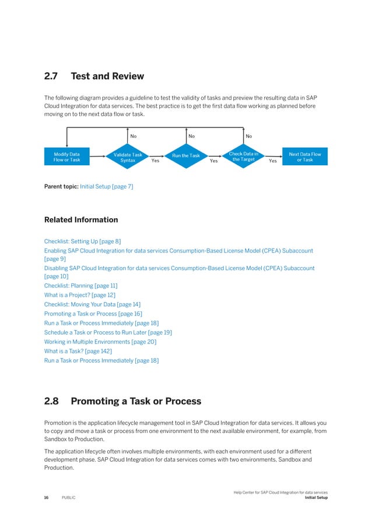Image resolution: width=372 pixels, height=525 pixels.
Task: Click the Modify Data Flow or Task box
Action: (x=67, y=157)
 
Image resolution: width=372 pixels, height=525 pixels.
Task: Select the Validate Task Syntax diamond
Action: (x=127, y=157)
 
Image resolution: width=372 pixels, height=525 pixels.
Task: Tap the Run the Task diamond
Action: (x=185, y=156)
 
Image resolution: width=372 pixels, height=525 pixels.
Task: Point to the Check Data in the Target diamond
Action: (x=243, y=156)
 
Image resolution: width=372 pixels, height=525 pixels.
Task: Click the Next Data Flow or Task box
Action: (x=304, y=157)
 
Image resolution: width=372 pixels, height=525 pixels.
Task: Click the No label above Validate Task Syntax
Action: (x=134, y=136)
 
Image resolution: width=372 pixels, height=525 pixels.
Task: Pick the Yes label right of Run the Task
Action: (x=213, y=161)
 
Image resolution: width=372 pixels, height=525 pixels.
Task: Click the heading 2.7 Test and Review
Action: (x=94, y=76)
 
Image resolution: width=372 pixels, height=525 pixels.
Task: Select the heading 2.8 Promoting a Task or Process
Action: (x=122, y=402)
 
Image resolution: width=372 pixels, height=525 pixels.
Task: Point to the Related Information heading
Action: (x=81, y=220)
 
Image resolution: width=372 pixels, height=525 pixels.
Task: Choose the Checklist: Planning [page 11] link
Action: (x=80, y=286)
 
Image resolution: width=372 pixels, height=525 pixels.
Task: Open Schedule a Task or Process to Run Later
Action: (x=108, y=332)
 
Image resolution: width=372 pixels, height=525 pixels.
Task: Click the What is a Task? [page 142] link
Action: (x=78, y=351)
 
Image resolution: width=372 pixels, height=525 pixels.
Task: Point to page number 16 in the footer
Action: (x=47, y=498)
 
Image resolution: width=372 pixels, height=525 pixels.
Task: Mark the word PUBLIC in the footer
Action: (x=68, y=498)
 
